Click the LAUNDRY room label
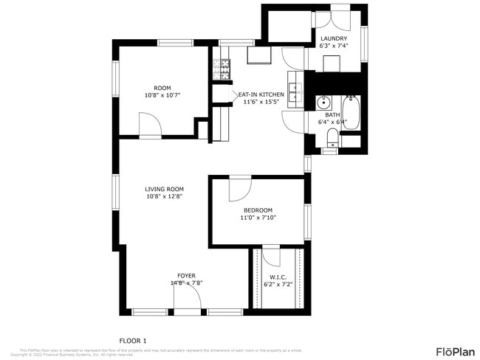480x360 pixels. [333, 38]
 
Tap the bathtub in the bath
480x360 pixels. [351, 112]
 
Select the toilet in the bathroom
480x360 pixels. [332, 137]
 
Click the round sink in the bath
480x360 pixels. [323, 103]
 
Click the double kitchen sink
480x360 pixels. [295, 91]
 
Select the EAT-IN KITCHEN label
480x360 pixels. [261, 94]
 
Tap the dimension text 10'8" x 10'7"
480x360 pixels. [162, 95]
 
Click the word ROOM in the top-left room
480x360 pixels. [162, 87]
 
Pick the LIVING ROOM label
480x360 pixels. [164, 189]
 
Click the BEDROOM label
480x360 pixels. [258, 210]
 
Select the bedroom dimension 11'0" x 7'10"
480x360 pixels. [258, 218]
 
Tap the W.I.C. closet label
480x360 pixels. [278, 277]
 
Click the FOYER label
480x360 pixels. [186, 275]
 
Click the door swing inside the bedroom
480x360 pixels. [239, 189]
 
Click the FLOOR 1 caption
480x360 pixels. [133, 340]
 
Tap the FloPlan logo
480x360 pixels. [455, 350]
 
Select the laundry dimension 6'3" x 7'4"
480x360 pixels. [333, 46]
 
